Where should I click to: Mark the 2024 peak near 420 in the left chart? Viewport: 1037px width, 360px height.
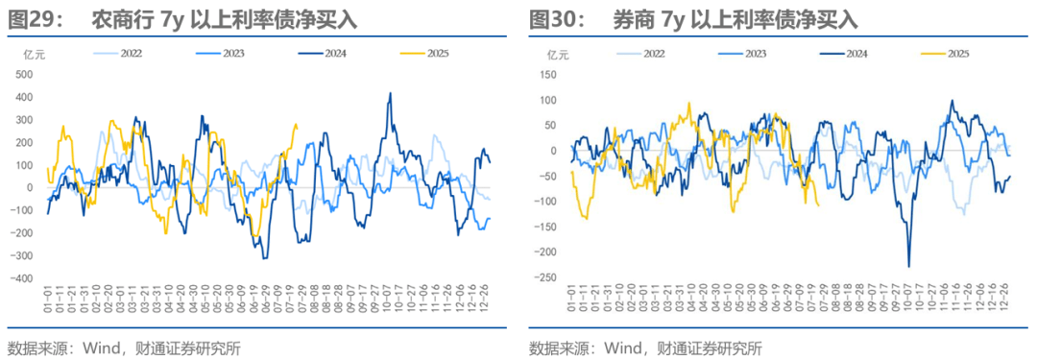tap(390, 93)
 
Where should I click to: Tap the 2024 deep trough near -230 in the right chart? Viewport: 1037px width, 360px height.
tap(908, 266)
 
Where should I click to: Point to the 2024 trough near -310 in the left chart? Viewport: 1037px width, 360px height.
tap(264, 257)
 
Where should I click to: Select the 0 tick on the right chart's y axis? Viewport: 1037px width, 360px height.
tap(552, 151)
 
